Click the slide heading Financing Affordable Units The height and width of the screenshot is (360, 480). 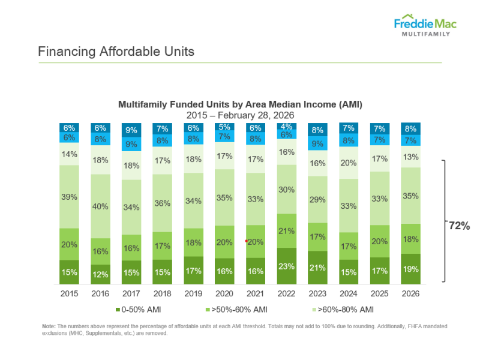pyautogui.click(x=116, y=52)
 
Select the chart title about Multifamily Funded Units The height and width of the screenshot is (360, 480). pyautogui.click(x=240, y=104)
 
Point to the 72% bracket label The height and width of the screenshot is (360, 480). pyautogui.click(x=459, y=226)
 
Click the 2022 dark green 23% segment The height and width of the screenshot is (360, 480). pyautogui.click(x=287, y=266)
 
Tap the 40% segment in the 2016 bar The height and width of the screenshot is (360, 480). pyautogui.click(x=100, y=206)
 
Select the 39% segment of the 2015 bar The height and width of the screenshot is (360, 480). pyautogui.click(x=69, y=197)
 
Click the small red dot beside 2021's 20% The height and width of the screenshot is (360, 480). pyautogui.click(x=246, y=241)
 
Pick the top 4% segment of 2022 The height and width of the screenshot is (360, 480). pyautogui.click(x=287, y=126)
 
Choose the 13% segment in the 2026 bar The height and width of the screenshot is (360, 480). pyautogui.click(x=411, y=157)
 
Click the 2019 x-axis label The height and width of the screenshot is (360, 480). pyautogui.click(x=193, y=294)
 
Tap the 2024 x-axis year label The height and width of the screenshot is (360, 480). pyautogui.click(x=349, y=294)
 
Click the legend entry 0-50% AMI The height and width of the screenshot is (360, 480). pyautogui.click(x=141, y=310)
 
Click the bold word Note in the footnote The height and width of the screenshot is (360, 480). pyautogui.click(x=49, y=326)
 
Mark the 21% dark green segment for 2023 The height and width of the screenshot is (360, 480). pyautogui.click(x=318, y=267)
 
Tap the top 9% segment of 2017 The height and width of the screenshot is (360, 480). pyautogui.click(x=131, y=130)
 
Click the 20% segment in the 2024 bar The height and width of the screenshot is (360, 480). pyautogui.click(x=349, y=163)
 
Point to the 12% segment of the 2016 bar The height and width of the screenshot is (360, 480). pyautogui.click(x=100, y=274)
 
